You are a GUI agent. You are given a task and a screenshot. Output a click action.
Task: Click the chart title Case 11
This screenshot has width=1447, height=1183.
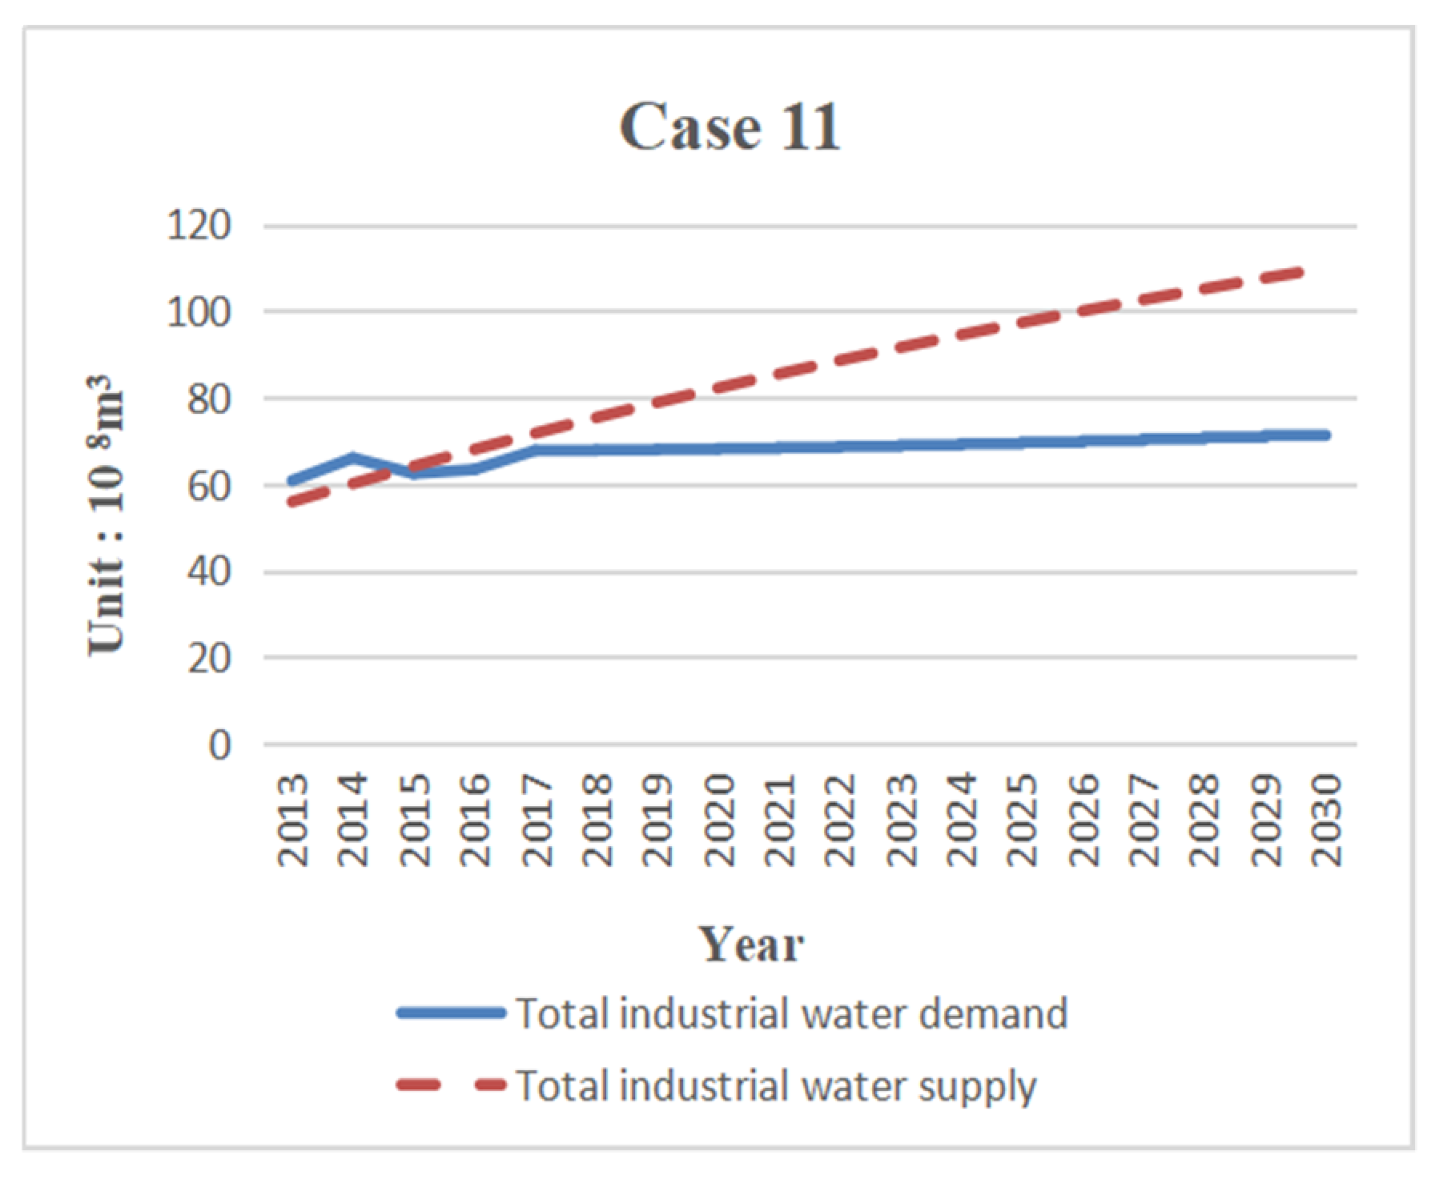[x=730, y=127]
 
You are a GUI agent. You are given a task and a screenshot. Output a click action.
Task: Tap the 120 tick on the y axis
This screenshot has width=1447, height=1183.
[x=199, y=225]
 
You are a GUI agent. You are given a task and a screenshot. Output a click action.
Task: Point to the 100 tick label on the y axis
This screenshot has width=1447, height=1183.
[x=199, y=311]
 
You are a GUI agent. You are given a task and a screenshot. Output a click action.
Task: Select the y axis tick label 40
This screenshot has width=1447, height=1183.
[x=209, y=571]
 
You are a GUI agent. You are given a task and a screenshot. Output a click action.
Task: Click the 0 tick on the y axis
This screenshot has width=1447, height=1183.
[x=219, y=745]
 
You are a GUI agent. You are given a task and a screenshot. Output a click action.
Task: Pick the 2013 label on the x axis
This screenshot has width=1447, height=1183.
[x=293, y=820]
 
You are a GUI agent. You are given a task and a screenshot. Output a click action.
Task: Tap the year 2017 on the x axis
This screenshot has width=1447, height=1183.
[x=537, y=820]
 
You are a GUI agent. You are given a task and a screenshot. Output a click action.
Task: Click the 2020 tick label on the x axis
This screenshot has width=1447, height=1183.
[x=719, y=820]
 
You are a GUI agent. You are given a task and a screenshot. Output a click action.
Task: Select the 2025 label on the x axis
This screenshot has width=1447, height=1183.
[x=1023, y=820]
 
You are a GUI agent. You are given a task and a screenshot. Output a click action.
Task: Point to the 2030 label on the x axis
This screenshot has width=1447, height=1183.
[x=1327, y=820]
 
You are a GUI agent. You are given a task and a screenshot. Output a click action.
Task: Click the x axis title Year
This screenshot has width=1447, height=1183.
[x=750, y=944]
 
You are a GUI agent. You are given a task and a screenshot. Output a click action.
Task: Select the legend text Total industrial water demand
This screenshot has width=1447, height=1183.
[x=791, y=1013]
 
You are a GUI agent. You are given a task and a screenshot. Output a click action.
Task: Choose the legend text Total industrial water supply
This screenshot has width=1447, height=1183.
[x=775, y=1086]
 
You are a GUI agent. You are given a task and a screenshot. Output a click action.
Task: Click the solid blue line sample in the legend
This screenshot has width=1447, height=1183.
[x=451, y=1013]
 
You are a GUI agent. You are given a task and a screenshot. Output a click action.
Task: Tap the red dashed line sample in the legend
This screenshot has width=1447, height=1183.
[x=451, y=1086]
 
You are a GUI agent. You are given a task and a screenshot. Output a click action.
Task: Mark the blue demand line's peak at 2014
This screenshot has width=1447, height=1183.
[x=353, y=457]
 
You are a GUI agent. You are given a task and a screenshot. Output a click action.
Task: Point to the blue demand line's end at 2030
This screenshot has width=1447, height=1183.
[x=1325, y=435]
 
